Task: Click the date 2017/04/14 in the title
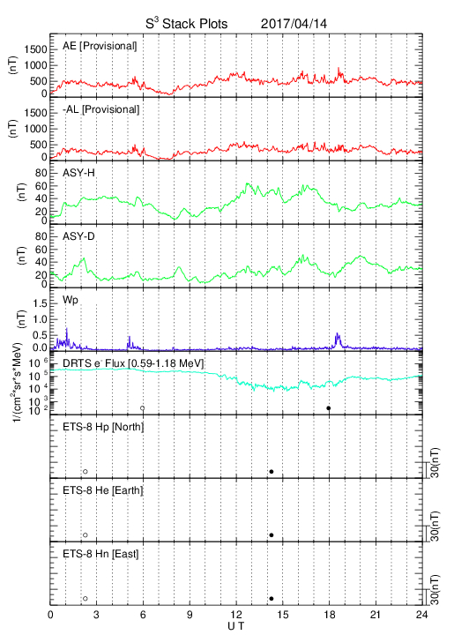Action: click(294, 24)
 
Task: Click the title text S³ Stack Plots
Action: click(187, 23)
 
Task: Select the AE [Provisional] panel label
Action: click(100, 46)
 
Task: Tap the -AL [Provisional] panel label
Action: click(100, 109)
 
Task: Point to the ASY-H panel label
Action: click(78, 174)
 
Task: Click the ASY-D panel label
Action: click(78, 236)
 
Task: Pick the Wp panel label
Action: click(70, 301)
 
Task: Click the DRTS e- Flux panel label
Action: click(133, 363)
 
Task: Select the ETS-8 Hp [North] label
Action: click(103, 427)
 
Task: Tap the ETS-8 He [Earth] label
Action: click(103, 490)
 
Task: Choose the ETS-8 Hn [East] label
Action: click(100, 554)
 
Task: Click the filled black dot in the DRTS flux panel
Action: click(329, 408)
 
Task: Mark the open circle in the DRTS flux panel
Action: click(143, 408)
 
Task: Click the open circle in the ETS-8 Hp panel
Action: click(86, 472)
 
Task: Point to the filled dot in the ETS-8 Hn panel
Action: click(272, 599)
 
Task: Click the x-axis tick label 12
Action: click(236, 615)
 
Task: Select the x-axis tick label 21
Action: click(376, 615)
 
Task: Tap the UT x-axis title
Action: click(236, 626)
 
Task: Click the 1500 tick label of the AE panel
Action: click(36, 49)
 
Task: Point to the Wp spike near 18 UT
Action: click(338, 340)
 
